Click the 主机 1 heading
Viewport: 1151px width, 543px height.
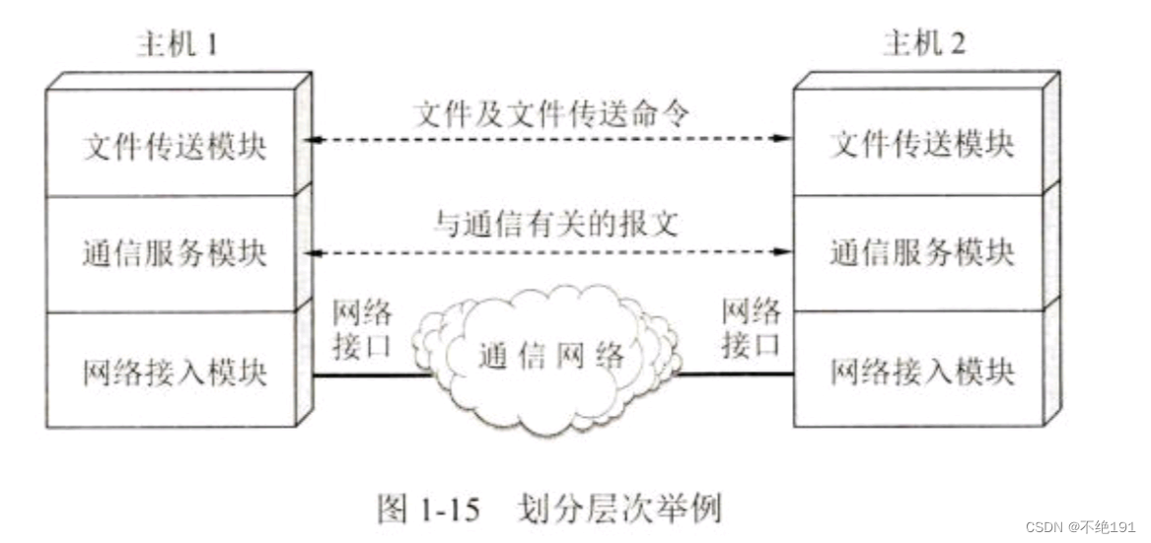click(179, 45)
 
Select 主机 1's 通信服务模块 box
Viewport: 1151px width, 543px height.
click(173, 253)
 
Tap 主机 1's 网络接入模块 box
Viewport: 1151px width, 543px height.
click(173, 372)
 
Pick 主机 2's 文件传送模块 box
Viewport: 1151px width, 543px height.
click(922, 145)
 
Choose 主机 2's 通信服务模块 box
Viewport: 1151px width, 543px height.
click(922, 253)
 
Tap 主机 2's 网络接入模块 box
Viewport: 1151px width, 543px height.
click(922, 372)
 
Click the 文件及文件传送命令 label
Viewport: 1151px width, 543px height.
click(548, 110)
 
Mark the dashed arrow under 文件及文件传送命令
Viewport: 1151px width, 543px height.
click(548, 140)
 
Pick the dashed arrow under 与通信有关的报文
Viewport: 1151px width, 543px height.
click(548, 252)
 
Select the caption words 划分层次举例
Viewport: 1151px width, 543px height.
click(618, 509)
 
